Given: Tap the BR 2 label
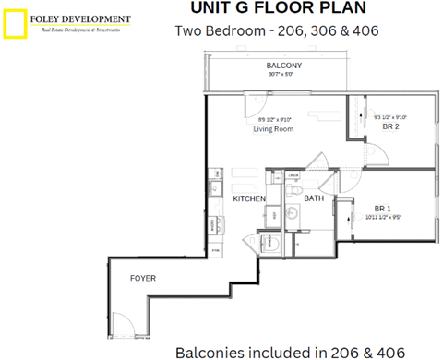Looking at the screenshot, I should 391,128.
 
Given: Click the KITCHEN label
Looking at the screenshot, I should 249,198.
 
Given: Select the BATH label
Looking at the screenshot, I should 314,198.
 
